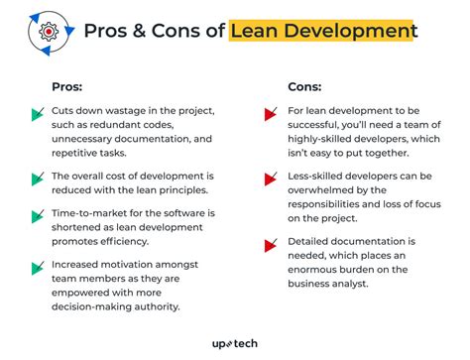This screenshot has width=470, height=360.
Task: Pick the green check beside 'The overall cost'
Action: pyautogui.click(x=38, y=180)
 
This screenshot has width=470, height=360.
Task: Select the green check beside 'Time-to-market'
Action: pyautogui.click(x=38, y=217)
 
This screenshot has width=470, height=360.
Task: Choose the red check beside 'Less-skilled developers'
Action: pyautogui.click(x=269, y=180)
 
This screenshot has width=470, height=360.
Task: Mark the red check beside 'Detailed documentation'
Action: pyautogui.click(x=269, y=244)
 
